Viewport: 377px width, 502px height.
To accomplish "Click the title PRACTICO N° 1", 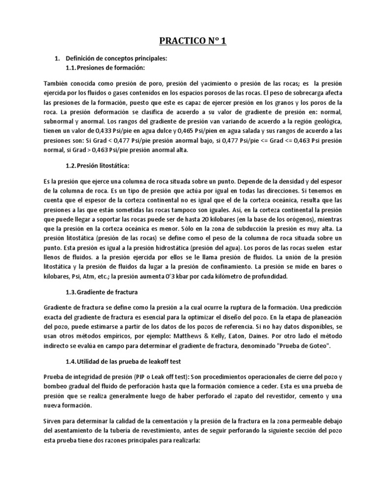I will (188, 41).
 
